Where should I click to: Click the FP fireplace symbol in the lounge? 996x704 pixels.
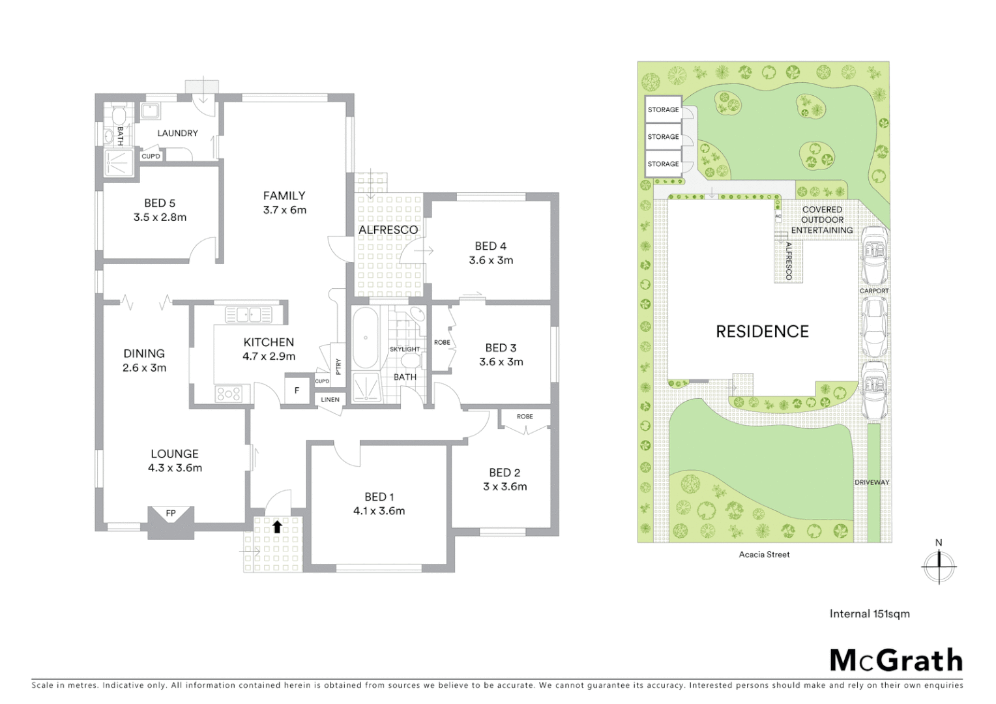click(170, 514)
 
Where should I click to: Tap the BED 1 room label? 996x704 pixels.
click(379, 497)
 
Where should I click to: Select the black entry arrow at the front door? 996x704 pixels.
click(277, 526)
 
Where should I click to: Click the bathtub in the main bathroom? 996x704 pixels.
click(366, 338)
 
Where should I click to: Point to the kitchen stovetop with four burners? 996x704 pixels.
click(229, 394)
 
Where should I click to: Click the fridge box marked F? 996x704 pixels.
click(297, 391)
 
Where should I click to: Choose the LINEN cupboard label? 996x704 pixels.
click(330, 400)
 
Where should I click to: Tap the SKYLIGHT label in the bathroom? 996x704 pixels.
click(405, 349)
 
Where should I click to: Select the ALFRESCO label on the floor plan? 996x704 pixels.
click(388, 230)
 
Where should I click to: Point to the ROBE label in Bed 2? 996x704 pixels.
click(525, 417)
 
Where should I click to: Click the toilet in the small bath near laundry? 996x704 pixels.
click(118, 117)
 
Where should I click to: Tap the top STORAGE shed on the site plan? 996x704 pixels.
click(663, 110)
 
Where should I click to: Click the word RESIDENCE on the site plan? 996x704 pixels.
click(762, 332)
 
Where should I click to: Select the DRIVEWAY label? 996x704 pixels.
click(871, 482)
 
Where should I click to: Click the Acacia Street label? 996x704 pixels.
click(764, 555)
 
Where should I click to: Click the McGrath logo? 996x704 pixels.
click(896, 660)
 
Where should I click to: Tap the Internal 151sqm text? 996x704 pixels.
click(869, 613)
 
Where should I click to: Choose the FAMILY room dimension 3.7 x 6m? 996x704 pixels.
click(284, 210)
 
